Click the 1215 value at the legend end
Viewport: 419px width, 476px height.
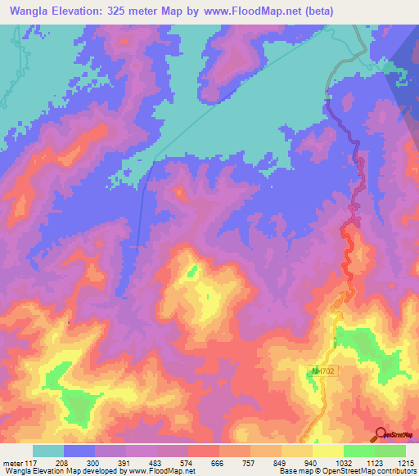pyautogui.click(x=406, y=463)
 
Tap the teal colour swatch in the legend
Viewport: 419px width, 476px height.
pyautogui.click(x=48, y=451)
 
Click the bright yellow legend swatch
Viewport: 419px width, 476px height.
pyautogui.click(x=327, y=451)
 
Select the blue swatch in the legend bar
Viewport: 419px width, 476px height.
pyautogui.click(x=79, y=451)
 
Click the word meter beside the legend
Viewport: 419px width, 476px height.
pyautogui.click(x=13, y=463)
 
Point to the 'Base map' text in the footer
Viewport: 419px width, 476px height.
pyautogui.click(x=292, y=471)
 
